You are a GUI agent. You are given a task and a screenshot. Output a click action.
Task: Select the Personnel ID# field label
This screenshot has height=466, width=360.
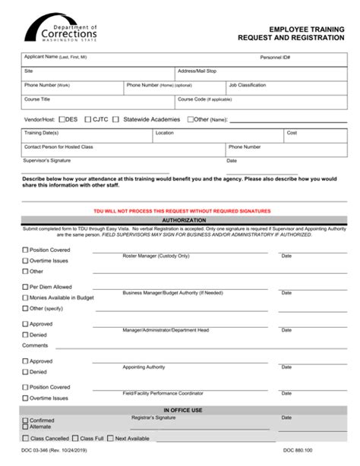pos(276,57)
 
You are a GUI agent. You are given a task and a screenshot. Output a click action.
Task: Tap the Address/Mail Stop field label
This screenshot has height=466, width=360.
pos(197,71)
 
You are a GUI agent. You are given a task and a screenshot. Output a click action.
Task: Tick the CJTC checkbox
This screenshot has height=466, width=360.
pos(89,119)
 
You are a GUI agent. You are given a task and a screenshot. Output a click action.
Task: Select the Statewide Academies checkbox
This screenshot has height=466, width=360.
pos(118,119)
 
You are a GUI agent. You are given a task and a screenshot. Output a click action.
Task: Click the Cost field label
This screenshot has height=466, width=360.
pos(291,132)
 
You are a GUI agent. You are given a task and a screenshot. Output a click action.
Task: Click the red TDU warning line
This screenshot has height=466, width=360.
pos(180,211)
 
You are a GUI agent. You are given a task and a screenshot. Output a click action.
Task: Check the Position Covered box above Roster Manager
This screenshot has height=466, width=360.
pos(26,250)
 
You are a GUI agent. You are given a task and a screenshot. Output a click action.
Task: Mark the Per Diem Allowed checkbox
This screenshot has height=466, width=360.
pos(26,287)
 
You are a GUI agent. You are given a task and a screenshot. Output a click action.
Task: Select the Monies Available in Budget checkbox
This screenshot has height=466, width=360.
pos(26,298)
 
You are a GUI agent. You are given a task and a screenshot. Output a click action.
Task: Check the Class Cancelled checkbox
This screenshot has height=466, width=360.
pos(26,438)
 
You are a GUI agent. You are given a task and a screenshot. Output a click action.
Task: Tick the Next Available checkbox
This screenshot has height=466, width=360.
pos(111,438)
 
